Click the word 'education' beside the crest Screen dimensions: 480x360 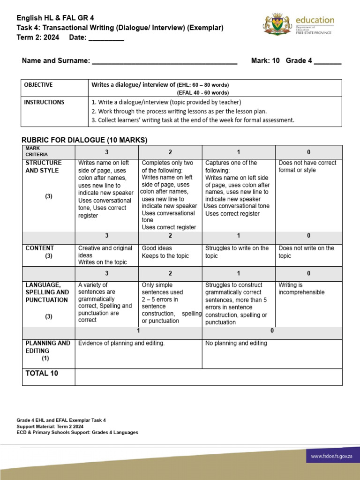click(315, 20)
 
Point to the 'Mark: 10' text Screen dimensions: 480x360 click(265, 60)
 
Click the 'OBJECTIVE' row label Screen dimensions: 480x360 click(38, 85)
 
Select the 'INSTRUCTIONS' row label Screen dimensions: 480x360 click(44, 102)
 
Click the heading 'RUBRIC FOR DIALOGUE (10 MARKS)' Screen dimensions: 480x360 click(84, 140)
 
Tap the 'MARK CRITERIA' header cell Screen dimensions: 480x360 click(37, 151)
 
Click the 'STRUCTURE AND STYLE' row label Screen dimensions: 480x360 click(43, 166)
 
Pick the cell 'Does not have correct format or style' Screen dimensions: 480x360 click(307, 166)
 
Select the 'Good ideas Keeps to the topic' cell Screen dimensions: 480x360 click(165, 252)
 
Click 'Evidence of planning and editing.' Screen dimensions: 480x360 click(121, 343)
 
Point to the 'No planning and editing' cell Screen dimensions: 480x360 click(236, 343)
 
